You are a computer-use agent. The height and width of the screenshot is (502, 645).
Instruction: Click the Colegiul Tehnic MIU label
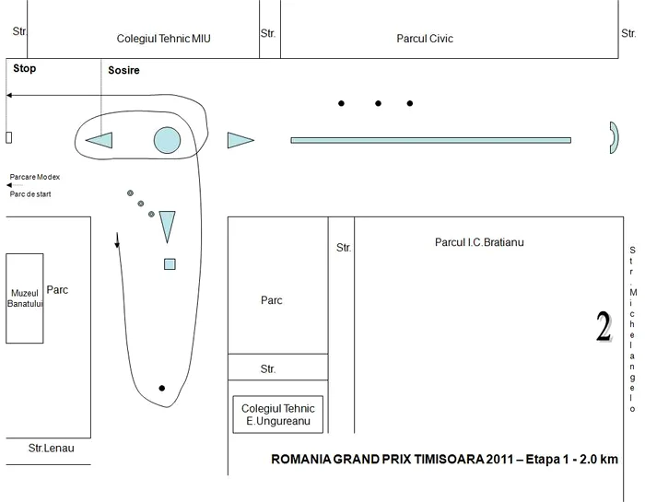pyautogui.click(x=163, y=39)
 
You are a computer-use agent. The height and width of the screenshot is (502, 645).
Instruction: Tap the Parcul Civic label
pyautogui.click(x=425, y=39)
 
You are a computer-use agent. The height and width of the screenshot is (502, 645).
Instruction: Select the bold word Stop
pyautogui.click(x=24, y=68)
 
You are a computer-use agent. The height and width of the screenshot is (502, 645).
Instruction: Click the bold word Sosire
pyautogui.click(x=123, y=70)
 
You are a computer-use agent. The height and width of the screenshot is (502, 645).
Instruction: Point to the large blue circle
pyautogui.click(x=167, y=140)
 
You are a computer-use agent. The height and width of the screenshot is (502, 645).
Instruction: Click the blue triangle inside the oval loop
pyautogui.click(x=100, y=140)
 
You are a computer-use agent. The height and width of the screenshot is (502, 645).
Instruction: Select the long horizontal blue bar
pyautogui.click(x=430, y=140)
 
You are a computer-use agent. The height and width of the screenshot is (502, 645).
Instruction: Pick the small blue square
pyautogui.click(x=170, y=264)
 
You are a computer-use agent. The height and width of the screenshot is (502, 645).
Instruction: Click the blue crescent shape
pyautogui.click(x=616, y=138)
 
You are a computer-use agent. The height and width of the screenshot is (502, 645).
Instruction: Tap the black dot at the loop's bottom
pyautogui.click(x=161, y=388)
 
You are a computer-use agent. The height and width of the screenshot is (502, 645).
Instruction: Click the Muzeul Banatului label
pyautogui.click(x=25, y=298)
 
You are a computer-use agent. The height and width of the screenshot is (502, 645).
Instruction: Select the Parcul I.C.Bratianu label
pyautogui.click(x=479, y=242)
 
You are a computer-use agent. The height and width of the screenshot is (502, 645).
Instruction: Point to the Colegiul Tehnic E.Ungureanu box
pyautogui.click(x=277, y=414)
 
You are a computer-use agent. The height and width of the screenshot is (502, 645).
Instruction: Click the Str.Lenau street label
pyautogui.click(x=51, y=449)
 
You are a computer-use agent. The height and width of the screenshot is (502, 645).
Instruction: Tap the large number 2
pyautogui.click(x=604, y=327)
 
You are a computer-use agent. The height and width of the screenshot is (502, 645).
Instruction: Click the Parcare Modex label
pyautogui.click(x=35, y=177)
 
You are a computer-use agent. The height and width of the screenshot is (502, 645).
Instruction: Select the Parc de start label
pyautogui.click(x=30, y=194)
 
